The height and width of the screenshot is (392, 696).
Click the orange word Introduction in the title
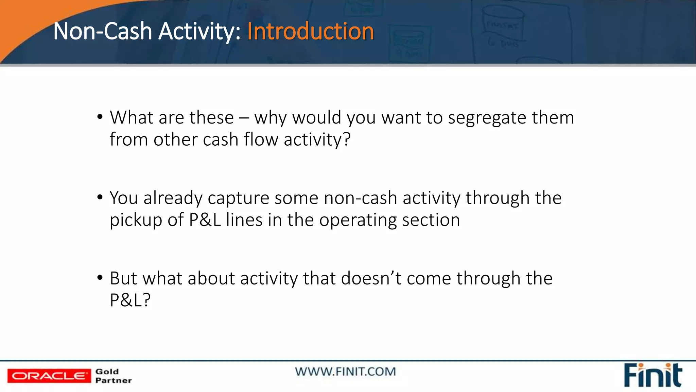(310, 31)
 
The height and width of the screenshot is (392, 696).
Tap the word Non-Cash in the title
(102, 31)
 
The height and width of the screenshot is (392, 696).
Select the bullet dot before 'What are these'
(100, 117)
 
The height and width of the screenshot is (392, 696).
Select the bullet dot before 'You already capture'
(100, 197)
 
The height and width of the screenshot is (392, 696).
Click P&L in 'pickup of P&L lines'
(205, 220)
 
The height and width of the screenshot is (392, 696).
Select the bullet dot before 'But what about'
(100, 278)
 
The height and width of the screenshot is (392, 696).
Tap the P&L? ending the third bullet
(130, 300)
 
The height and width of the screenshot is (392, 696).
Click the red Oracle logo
(49, 376)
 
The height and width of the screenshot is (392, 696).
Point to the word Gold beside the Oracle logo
(107, 372)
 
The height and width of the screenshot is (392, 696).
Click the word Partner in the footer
(114, 380)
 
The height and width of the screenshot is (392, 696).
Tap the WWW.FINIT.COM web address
(345, 372)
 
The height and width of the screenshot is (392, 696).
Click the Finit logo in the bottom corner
(652, 375)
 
